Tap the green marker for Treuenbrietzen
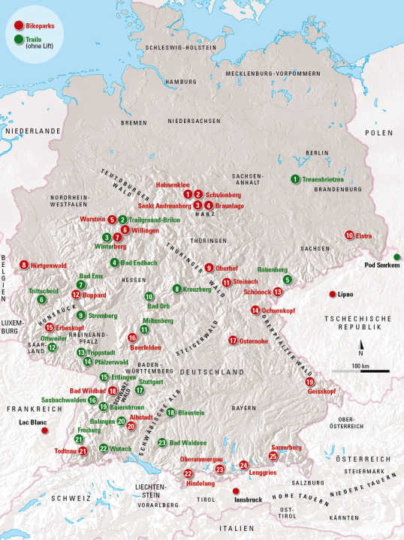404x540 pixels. pyautogui.click(x=295, y=179)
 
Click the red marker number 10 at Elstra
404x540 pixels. pyautogui.click(x=349, y=235)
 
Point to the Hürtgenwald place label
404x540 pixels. pyautogui.click(x=49, y=265)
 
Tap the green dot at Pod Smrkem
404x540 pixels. pyautogui.click(x=396, y=257)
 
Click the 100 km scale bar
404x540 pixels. pyautogui.click(x=360, y=370)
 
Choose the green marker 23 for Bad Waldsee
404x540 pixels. pyautogui.click(x=162, y=442)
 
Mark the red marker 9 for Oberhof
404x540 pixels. pyautogui.click(x=209, y=268)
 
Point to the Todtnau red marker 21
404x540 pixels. pyautogui.click(x=83, y=451)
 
